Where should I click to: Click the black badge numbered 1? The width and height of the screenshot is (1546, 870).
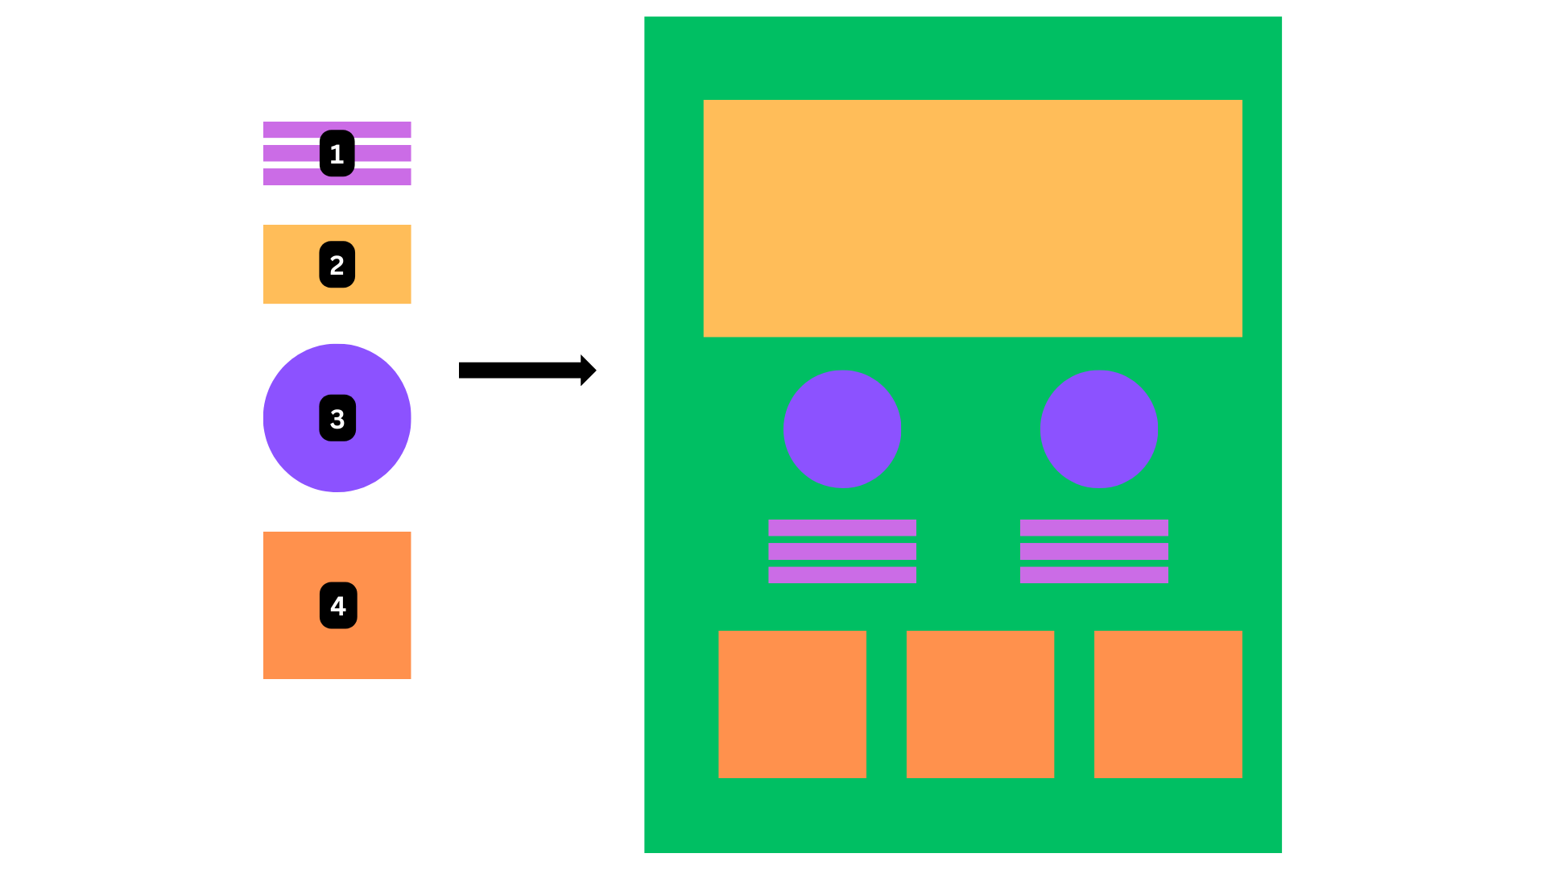pyautogui.click(x=337, y=153)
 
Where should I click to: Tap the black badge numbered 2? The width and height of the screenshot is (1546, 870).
pyautogui.click(x=337, y=264)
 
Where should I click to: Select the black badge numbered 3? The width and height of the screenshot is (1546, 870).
pyautogui.click(x=337, y=418)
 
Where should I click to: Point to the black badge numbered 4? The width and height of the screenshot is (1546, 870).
pyautogui.click(x=338, y=605)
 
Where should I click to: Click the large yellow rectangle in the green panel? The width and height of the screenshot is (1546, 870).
pyautogui.click(x=973, y=218)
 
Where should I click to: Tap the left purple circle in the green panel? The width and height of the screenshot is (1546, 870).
pyautogui.click(x=842, y=429)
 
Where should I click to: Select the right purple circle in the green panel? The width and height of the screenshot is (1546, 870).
pyautogui.click(x=1098, y=429)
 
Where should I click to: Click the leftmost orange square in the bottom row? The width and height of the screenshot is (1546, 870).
pyautogui.click(x=792, y=704)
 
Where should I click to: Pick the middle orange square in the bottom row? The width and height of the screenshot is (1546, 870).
pyautogui.click(x=980, y=704)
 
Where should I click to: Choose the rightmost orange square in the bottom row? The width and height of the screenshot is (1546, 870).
pyautogui.click(x=1168, y=704)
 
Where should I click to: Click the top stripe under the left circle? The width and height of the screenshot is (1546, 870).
pyautogui.click(x=842, y=528)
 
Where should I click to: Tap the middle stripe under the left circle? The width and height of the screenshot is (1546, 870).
pyautogui.click(x=842, y=551)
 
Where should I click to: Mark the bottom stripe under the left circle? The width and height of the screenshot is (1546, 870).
pyautogui.click(x=842, y=574)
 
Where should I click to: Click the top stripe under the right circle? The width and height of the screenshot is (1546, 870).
pyautogui.click(x=1094, y=528)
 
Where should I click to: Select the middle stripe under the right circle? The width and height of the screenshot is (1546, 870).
pyautogui.click(x=1094, y=551)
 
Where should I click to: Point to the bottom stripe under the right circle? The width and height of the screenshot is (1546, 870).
pyautogui.click(x=1094, y=574)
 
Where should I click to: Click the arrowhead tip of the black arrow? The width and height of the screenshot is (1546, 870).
pyautogui.click(x=593, y=371)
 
